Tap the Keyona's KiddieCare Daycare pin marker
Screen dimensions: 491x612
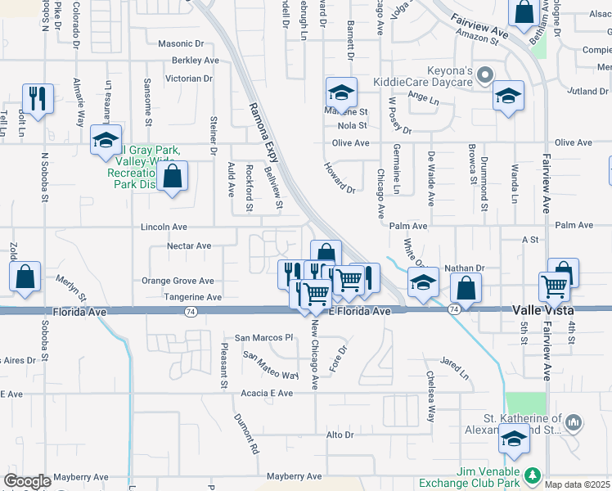tap(485, 78)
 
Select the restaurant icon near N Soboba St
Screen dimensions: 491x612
tap(38, 99)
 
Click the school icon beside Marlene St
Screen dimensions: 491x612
tap(342, 92)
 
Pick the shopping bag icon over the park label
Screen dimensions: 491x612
tap(173, 176)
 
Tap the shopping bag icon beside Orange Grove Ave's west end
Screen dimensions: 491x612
tap(25, 277)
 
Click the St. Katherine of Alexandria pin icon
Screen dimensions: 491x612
tap(574, 422)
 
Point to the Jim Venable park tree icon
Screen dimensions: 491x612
tap(533, 475)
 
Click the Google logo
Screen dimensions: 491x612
tap(27, 481)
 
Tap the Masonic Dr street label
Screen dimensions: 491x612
tap(181, 43)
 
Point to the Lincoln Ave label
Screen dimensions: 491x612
tap(164, 227)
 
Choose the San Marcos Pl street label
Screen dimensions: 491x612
tap(263, 337)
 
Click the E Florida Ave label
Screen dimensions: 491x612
tap(361, 312)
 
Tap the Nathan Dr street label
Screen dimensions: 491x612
tap(464, 268)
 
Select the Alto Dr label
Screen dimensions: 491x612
tap(339, 435)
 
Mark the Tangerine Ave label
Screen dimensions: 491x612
tap(192, 297)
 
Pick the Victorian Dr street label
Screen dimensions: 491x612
tap(188, 79)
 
